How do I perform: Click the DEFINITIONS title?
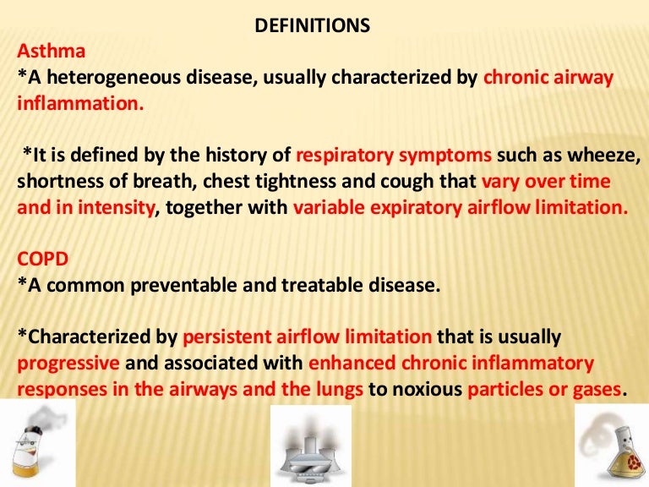(313, 25)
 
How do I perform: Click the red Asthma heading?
(52, 51)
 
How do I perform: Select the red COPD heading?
(42, 260)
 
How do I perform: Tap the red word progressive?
(68, 364)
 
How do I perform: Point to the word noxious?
(427, 389)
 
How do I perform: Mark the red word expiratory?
(416, 208)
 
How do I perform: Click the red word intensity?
(117, 208)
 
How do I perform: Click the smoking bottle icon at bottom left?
(38, 443)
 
